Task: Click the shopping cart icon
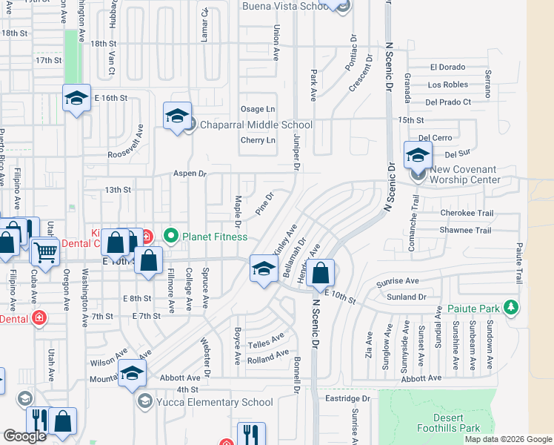tap(45, 253)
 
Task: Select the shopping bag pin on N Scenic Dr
tap(321, 274)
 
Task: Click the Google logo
tap(24, 435)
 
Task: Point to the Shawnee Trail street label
tap(465, 231)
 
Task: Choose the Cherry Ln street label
tap(258, 140)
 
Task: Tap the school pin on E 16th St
tap(76, 99)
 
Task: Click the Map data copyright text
tap(508, 439)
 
